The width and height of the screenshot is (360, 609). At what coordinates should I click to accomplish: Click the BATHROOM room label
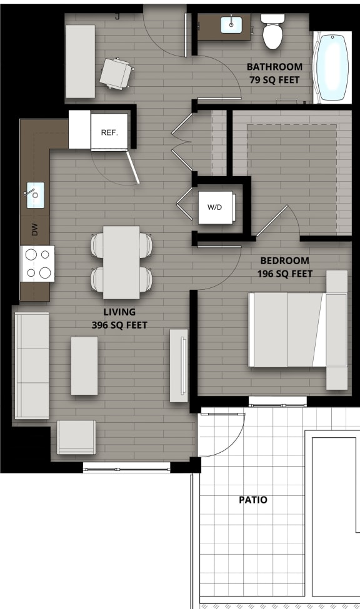(x=274, y=67)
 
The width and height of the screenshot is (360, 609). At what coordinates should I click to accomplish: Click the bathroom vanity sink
(x=232, y=24)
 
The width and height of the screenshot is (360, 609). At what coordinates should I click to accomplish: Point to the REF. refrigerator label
(x=109, y=132)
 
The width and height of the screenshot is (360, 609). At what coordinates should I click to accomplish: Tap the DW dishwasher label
(x=34, y=230)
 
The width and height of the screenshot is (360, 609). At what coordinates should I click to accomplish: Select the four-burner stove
(x=37, y=264)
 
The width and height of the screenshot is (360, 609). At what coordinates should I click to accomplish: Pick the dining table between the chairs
(x=121, y=262)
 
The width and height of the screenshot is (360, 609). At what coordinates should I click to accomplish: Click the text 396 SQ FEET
(x=119, y=325)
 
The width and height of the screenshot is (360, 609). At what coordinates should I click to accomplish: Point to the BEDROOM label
(x=284, y=260)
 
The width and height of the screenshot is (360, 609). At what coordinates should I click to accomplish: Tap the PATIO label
(x=253, y=500)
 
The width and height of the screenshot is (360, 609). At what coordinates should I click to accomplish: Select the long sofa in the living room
(x=31, y=365)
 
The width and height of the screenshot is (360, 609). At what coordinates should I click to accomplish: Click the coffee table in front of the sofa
(x=84, y=365)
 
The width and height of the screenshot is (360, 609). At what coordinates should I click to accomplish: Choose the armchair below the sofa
(x=76, y=437)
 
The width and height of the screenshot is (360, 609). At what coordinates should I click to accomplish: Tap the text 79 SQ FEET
(x=274, y=79)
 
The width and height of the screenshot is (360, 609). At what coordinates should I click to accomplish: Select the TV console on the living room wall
(x=179, y=365)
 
